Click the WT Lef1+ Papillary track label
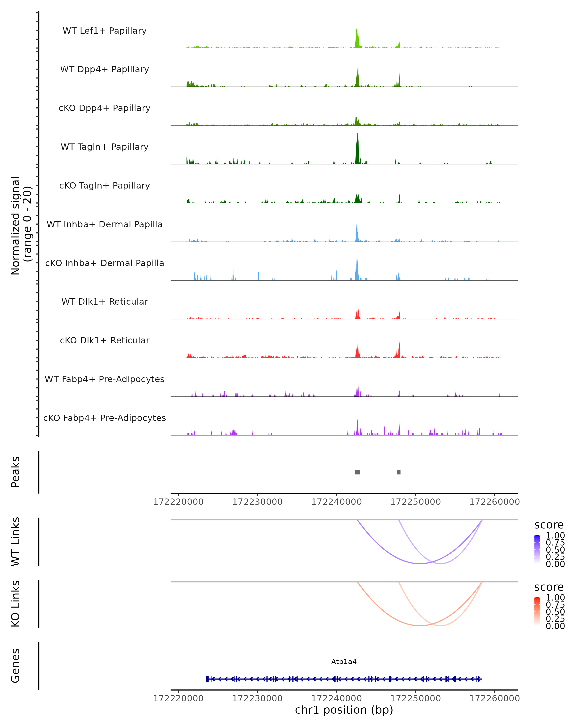point(105,31)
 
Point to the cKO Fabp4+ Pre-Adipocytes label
point(105,418)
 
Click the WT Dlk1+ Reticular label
point(105,302)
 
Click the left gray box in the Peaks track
point(357,472)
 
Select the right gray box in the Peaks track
point(399,472)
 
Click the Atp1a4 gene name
point(344,662)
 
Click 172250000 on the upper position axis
point(416,502)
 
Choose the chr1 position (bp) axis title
point(344,710)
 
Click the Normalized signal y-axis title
point(21,226)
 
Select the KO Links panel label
point(16,604)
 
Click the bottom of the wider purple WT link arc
point(419,563)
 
